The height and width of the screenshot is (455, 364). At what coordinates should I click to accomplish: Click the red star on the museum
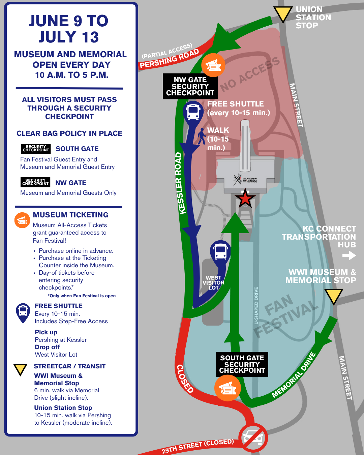pos(245,198)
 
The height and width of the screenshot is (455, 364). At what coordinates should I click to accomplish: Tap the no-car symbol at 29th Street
pos(253,438)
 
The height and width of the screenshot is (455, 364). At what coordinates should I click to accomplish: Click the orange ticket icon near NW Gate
pos(213,65)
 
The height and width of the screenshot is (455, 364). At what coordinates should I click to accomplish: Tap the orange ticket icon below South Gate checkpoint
pos(227,388)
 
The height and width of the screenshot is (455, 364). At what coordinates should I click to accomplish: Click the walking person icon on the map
pos(201,136)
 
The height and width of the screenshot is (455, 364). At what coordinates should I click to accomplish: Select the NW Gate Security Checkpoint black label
pos(190,86)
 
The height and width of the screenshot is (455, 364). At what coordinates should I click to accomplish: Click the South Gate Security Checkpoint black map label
pos(242,364)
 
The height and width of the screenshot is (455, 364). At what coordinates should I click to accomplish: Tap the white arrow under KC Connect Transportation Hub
pos(349,255)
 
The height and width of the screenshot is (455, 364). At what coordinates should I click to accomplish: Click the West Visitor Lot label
pos(213,283)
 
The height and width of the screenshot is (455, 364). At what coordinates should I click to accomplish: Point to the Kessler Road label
pos(180,183)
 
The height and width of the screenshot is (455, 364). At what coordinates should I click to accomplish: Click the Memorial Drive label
pos(294,375)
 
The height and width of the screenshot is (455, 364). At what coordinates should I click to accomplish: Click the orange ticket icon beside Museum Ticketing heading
pos(22,220)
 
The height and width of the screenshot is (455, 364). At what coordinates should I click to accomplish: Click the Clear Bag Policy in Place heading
pos(69,133)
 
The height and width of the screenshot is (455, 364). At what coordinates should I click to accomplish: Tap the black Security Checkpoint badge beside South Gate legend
pos(36,148)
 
